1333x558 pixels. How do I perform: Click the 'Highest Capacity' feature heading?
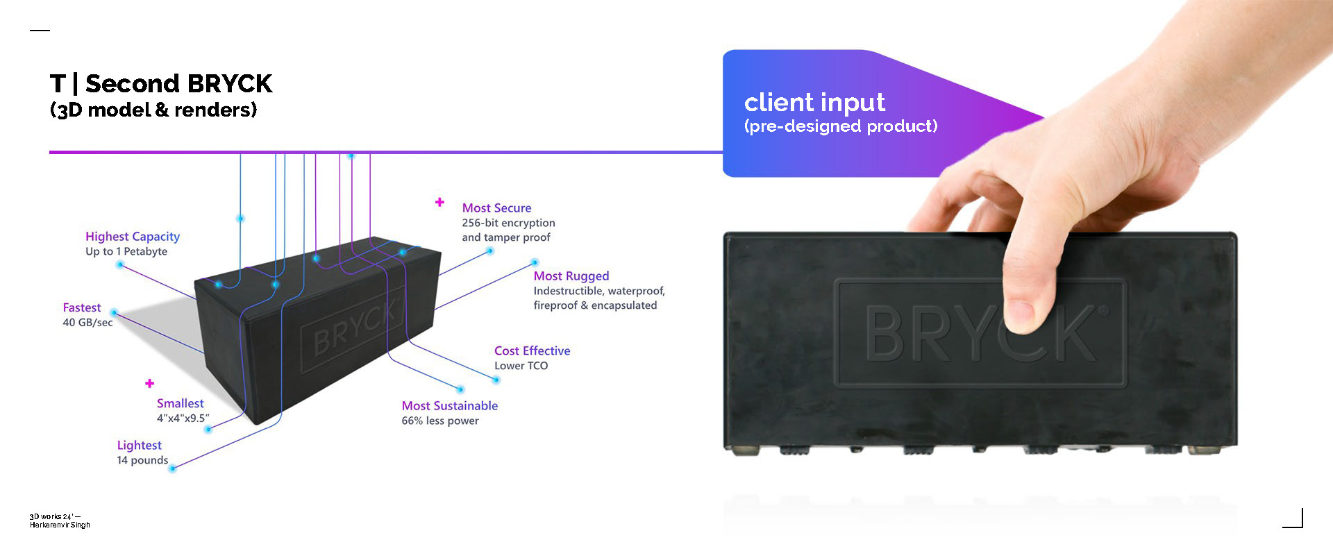pos(133,237)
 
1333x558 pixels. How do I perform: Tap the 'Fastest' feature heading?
pos(82,307)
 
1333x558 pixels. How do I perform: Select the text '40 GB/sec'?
pos(87,323)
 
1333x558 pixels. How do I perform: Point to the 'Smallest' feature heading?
pos(181,403)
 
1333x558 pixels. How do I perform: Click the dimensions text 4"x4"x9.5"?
pos(183,418)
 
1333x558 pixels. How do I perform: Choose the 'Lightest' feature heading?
pos(139,446)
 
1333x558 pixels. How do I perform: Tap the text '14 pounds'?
pos(142,460)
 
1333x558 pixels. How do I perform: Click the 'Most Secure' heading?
pos(496,208)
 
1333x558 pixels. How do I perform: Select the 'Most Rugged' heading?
pos(571,276)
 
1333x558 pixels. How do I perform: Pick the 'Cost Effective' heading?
pos(532,351)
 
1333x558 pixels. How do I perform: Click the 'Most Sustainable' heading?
pos(449,406)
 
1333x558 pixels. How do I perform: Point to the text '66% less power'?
pos(440,421)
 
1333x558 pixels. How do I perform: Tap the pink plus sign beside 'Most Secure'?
pos(439,202)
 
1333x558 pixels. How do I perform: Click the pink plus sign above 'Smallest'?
pos(149,383)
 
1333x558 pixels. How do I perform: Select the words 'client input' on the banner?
pos(814,103)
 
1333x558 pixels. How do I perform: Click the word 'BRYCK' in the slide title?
pos(229,84)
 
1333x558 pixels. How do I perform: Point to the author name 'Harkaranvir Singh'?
pos(60,525)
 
